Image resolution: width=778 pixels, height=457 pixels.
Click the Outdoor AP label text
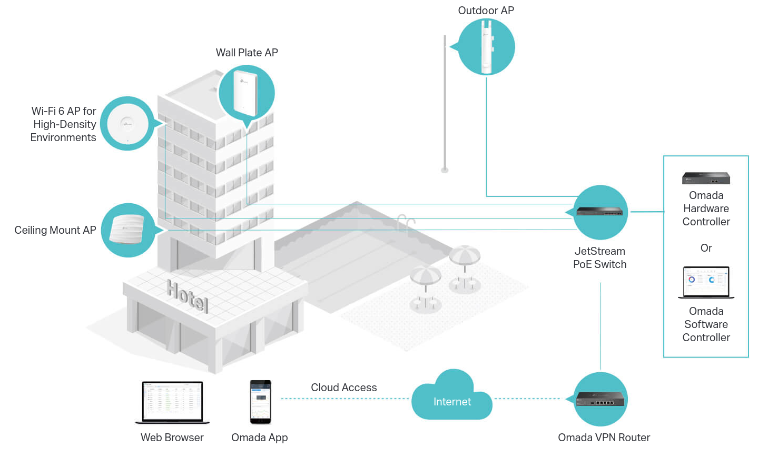click(486, 11)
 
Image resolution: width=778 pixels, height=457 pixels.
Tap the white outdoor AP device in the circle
click(486, 47)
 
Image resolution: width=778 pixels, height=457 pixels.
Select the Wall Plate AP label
click(247, 53)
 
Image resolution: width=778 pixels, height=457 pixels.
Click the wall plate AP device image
click(245, 93)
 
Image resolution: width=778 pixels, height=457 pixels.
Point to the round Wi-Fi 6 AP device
click(127, 124)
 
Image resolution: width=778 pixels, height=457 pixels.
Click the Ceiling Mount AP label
click(55, 230)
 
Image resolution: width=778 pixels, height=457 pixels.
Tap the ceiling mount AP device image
click(127, 230)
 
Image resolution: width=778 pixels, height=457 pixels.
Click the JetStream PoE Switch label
click(600, 257)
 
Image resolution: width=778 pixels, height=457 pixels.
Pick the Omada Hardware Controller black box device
click(706, 178)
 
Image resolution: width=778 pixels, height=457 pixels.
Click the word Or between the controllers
click(706, 248)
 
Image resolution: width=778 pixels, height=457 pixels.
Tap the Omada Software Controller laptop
click(706, 282)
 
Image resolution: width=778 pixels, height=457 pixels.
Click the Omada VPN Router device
click(600, 399)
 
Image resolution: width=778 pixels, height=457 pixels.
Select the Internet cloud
click(452, 395)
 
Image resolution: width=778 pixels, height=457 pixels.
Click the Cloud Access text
click(343, 387)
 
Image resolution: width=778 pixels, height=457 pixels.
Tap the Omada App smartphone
click(261, 402)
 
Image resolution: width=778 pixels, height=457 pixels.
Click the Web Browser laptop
click(172, 403)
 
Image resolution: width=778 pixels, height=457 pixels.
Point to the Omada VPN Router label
click(604, 438)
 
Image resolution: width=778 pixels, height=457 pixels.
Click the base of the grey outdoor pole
click(445, 170)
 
